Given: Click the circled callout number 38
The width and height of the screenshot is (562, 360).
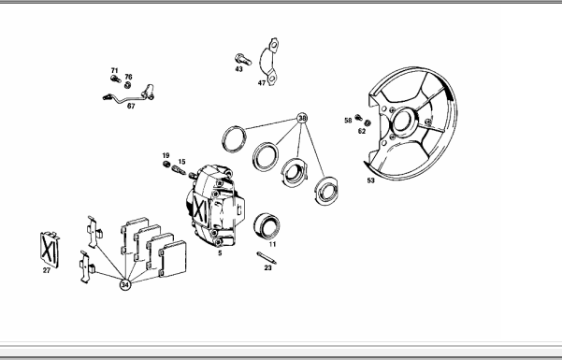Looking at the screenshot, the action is [302, 118].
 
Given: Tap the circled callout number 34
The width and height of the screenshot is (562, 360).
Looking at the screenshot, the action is [125, 284].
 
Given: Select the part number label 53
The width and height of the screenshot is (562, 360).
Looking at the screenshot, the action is [370, 180].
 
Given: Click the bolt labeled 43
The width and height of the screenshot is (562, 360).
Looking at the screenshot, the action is [242, 60].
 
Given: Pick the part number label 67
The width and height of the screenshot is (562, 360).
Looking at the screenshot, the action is [131, 107].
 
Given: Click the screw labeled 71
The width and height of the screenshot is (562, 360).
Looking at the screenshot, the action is [115, 79].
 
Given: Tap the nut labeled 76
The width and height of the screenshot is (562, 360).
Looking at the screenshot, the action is [127, 85].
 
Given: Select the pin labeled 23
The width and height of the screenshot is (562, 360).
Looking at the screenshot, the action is [267, 258].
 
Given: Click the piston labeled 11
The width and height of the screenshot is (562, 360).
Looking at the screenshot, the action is [267, 226].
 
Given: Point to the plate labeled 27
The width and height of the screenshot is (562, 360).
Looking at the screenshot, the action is [50, 250].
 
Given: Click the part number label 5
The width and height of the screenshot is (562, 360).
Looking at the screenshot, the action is [220, 253].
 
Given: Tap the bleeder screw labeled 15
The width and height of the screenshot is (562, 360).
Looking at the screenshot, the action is [179, 169].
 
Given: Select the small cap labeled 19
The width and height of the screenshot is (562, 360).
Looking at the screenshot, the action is [166, 165].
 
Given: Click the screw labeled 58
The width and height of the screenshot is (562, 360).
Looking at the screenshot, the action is [358, 118].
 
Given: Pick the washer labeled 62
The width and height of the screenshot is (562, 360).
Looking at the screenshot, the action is [367, 123].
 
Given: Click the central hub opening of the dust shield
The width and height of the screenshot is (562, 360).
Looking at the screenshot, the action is [402, 122].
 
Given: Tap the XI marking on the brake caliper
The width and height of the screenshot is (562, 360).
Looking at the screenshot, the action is [200, 209].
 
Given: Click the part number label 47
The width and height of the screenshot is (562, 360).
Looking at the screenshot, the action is [262, 83].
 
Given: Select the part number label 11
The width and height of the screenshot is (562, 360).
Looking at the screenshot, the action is [272, 245].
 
